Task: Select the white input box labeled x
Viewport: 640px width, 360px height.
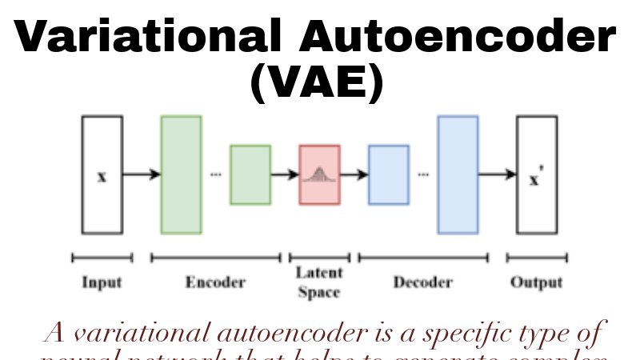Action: click(x=102, y=174)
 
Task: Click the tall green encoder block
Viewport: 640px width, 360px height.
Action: click(x=181, y=174)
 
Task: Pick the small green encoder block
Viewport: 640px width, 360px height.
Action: click(x=250, y=174)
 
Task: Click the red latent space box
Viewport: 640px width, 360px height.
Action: click(x=319, y=174)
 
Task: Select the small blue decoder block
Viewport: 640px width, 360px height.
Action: click(x=388, y=174)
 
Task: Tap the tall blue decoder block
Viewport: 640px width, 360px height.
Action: click(x=458, y=174)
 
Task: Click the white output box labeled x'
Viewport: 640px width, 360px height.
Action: click(x=536, y=174)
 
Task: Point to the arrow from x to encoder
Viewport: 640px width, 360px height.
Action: click(x=142, y=174)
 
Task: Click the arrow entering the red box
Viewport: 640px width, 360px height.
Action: click(x=284, y=174)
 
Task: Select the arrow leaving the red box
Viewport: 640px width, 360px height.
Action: click(x=354, y=174)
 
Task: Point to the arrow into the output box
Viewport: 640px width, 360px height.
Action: click(x=497, y=174)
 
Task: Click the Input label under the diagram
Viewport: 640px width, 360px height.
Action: click(x=102, y=282)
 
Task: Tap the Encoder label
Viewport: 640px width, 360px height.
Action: click(x=215, y=282)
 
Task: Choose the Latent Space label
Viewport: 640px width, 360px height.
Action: click(x=319, y=282)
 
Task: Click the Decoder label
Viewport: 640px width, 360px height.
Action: click(x=422, y=282)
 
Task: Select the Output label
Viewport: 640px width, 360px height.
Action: click(x=536, y=282)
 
